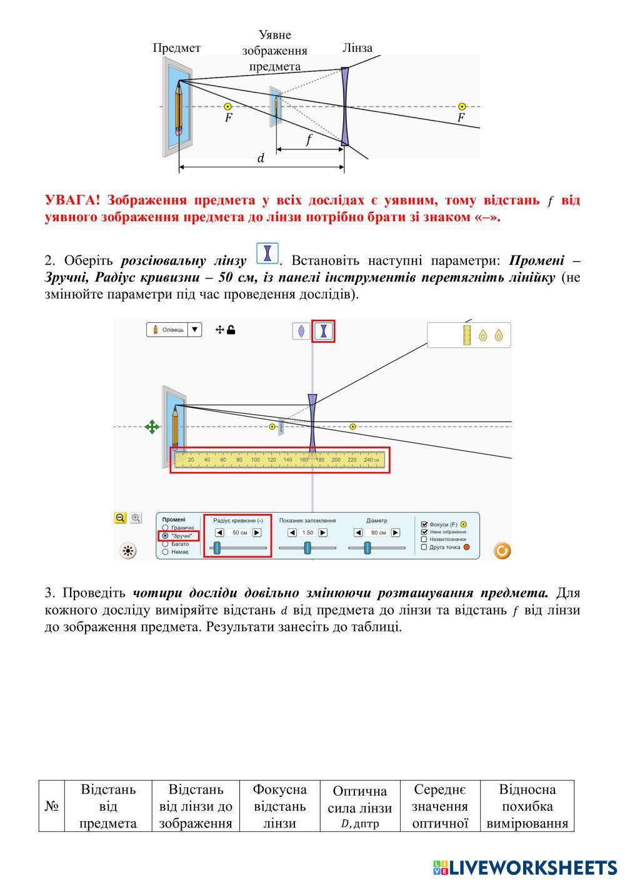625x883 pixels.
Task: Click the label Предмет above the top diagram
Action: [x=176, y=48]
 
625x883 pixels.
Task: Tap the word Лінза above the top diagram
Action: [x=357, y=48]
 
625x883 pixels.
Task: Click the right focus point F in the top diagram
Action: [x=462, y=107]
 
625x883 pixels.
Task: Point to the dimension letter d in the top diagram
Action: [x=261, y=159]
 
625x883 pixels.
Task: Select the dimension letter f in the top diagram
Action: [x=308, y=141]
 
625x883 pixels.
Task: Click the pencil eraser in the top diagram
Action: [x=179, y=132]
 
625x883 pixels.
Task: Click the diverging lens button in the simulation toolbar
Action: [x=323, y=331]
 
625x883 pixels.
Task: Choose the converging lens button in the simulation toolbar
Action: [x=301, y=331]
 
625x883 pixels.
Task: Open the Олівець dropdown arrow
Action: [x=195, y=330]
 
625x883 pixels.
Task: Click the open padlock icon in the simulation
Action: [x=231, y=330]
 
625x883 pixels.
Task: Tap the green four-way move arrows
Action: [x=152, y=427]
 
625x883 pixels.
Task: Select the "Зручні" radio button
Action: [x=165, y=536]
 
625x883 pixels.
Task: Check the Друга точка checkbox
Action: [x=424, y=548]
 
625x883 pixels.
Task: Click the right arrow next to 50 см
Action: [x=257, y=533]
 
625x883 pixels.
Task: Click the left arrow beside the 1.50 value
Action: [x=292, y=533]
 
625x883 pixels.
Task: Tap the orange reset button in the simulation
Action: [x=502, y=550]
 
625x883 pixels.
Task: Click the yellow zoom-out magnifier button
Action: [x=121, y=518]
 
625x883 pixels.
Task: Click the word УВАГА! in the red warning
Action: [x=72, y=200]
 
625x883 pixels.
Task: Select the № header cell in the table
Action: [x=52, y=806]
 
